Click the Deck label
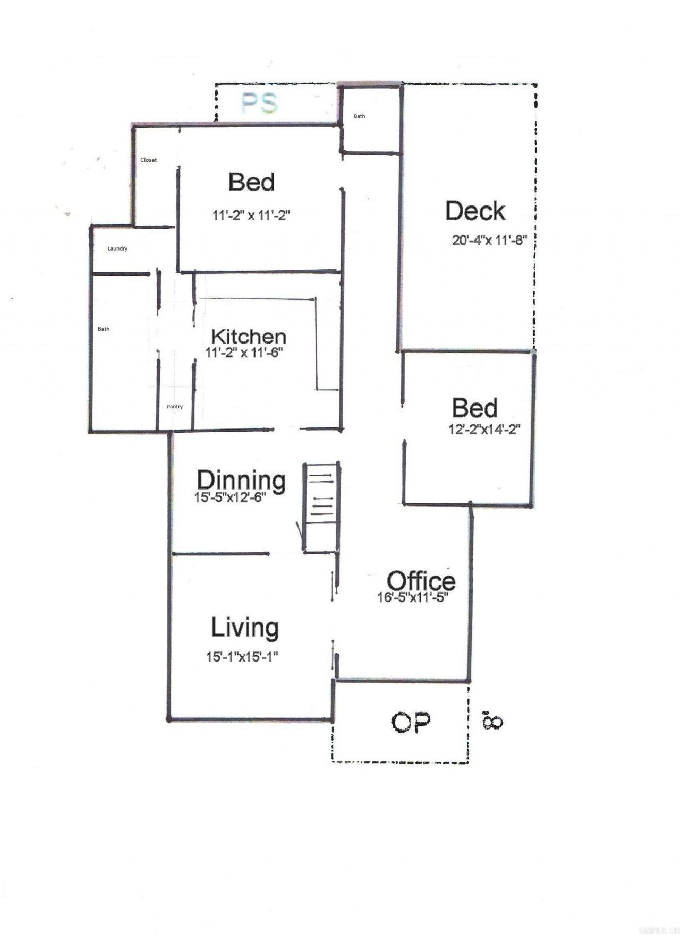tap(475, 211)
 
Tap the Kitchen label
tap(249, 337)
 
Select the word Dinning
tap(241, 480)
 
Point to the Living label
tap(245, 628)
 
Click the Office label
tap(421, 580)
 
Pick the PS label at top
tap(259, 104)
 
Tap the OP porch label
tap(411, 723)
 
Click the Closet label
tap(148, 160)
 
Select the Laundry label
tap(117, 248)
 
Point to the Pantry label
tap(175, 407)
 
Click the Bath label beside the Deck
tap(360, 116)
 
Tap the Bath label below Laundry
tap(104, 329)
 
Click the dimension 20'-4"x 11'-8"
tap(489, 240)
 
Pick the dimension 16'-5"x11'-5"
tap(413, 597)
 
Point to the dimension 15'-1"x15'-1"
tap(243, 657)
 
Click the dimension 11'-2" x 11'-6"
tap(243, 352)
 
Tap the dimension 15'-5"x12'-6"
tap(230, 497)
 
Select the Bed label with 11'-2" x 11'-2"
tap(251, 182)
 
